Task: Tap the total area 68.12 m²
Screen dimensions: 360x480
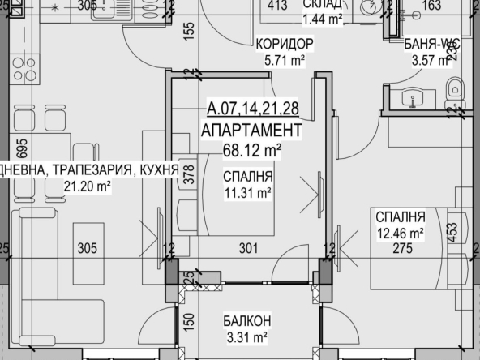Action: (252, 149)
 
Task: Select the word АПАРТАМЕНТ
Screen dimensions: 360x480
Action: (252, 130)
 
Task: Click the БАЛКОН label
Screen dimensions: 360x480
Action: (248, 319)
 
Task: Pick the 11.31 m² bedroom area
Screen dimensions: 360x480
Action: (248, 192)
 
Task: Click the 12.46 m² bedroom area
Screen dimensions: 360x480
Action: (401, 234)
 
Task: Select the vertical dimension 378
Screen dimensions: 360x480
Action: (189, 176)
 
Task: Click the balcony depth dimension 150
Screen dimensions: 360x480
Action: (189, 323)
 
